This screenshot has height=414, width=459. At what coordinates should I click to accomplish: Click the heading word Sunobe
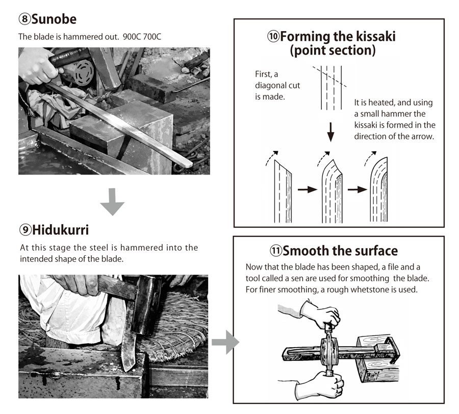click(54, 19)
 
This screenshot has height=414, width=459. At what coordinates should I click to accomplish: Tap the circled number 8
click(24, 19)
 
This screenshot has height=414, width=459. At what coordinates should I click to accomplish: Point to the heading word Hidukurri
click(60, 230)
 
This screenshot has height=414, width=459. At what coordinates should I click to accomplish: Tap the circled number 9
click(25, 230)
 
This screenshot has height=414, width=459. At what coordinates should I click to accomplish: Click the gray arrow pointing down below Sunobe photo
click(112, 202)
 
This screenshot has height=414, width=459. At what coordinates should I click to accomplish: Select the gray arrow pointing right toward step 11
click(225, 343)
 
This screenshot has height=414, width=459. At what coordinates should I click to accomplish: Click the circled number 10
click(273, 37)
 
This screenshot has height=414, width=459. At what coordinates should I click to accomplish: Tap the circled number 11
click(276, 251)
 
